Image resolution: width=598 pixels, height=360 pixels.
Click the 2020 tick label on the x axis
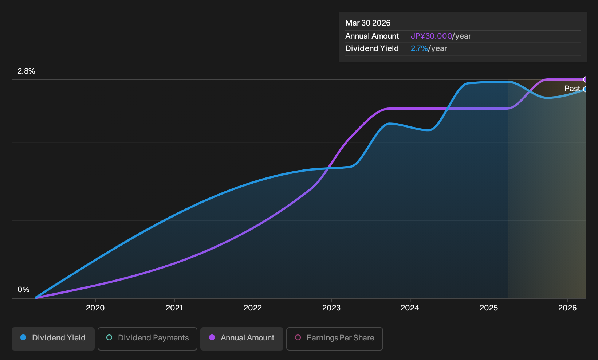[x=95, y=308]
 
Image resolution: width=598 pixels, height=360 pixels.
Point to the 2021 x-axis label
[x=174, y=308]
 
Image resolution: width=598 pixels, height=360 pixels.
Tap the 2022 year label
[x=253, y=308]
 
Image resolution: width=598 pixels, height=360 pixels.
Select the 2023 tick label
[x=331, y=308]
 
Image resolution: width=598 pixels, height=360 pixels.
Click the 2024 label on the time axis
[x=410, y=308]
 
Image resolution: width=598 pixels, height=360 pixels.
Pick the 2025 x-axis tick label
[x=489, y=308]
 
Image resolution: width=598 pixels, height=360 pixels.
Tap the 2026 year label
[x=567, y=308]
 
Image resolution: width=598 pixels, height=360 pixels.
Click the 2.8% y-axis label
[x=26, y=71]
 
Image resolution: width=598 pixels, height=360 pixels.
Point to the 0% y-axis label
[x=24, y=290]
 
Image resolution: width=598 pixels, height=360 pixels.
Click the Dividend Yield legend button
[x=53, y=339]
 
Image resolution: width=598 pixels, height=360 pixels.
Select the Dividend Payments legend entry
[x=147, y=339]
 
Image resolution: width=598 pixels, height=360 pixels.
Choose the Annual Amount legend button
[x=241, y=339]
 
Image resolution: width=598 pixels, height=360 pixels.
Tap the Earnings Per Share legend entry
[x=334, y=339]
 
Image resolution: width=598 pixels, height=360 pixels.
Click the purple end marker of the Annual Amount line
[x=586, y=79]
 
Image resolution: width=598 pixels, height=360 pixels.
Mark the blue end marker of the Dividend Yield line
[x=586, y=89]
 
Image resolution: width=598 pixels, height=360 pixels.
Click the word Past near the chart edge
[x=573, y=89]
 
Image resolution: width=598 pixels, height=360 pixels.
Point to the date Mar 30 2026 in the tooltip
[x=368, y=23]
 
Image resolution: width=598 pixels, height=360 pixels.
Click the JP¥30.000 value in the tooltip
[x=431, y=36]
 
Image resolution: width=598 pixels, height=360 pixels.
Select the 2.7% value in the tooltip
[x=419, y=48]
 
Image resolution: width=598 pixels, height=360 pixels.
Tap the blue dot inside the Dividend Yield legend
[x=24, y=337]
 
